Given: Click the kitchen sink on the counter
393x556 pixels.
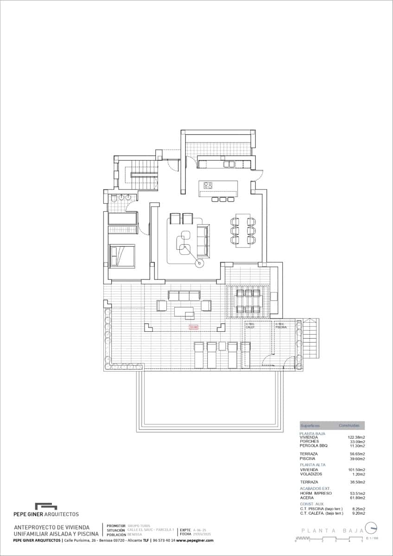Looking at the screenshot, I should tap(229, 164).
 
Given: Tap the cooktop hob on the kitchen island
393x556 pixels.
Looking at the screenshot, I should tap(208, 186).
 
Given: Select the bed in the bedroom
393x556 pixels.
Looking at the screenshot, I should tap(122, 255).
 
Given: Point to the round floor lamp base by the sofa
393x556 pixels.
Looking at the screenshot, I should tap(200, 264).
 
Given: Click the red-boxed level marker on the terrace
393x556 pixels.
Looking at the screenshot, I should tap(193, 327).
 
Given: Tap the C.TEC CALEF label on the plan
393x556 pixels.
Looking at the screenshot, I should tap(250, 325).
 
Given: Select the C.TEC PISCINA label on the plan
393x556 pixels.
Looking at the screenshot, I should tap(281, 325).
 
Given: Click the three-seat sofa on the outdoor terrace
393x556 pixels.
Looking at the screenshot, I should tap(184, 295).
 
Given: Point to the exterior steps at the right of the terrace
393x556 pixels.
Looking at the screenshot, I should tap(310, 339).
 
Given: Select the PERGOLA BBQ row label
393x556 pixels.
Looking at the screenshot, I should tap(314, 446).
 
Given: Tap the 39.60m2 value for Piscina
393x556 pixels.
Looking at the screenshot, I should tap(356, 459).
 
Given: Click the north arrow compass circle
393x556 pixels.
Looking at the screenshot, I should tap(371, 528).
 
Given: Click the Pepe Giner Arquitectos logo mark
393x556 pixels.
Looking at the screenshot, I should tap(46, 506).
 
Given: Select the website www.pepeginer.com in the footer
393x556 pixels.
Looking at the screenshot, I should tap(195, 540).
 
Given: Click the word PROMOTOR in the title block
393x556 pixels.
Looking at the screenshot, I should tap(116, 526).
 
